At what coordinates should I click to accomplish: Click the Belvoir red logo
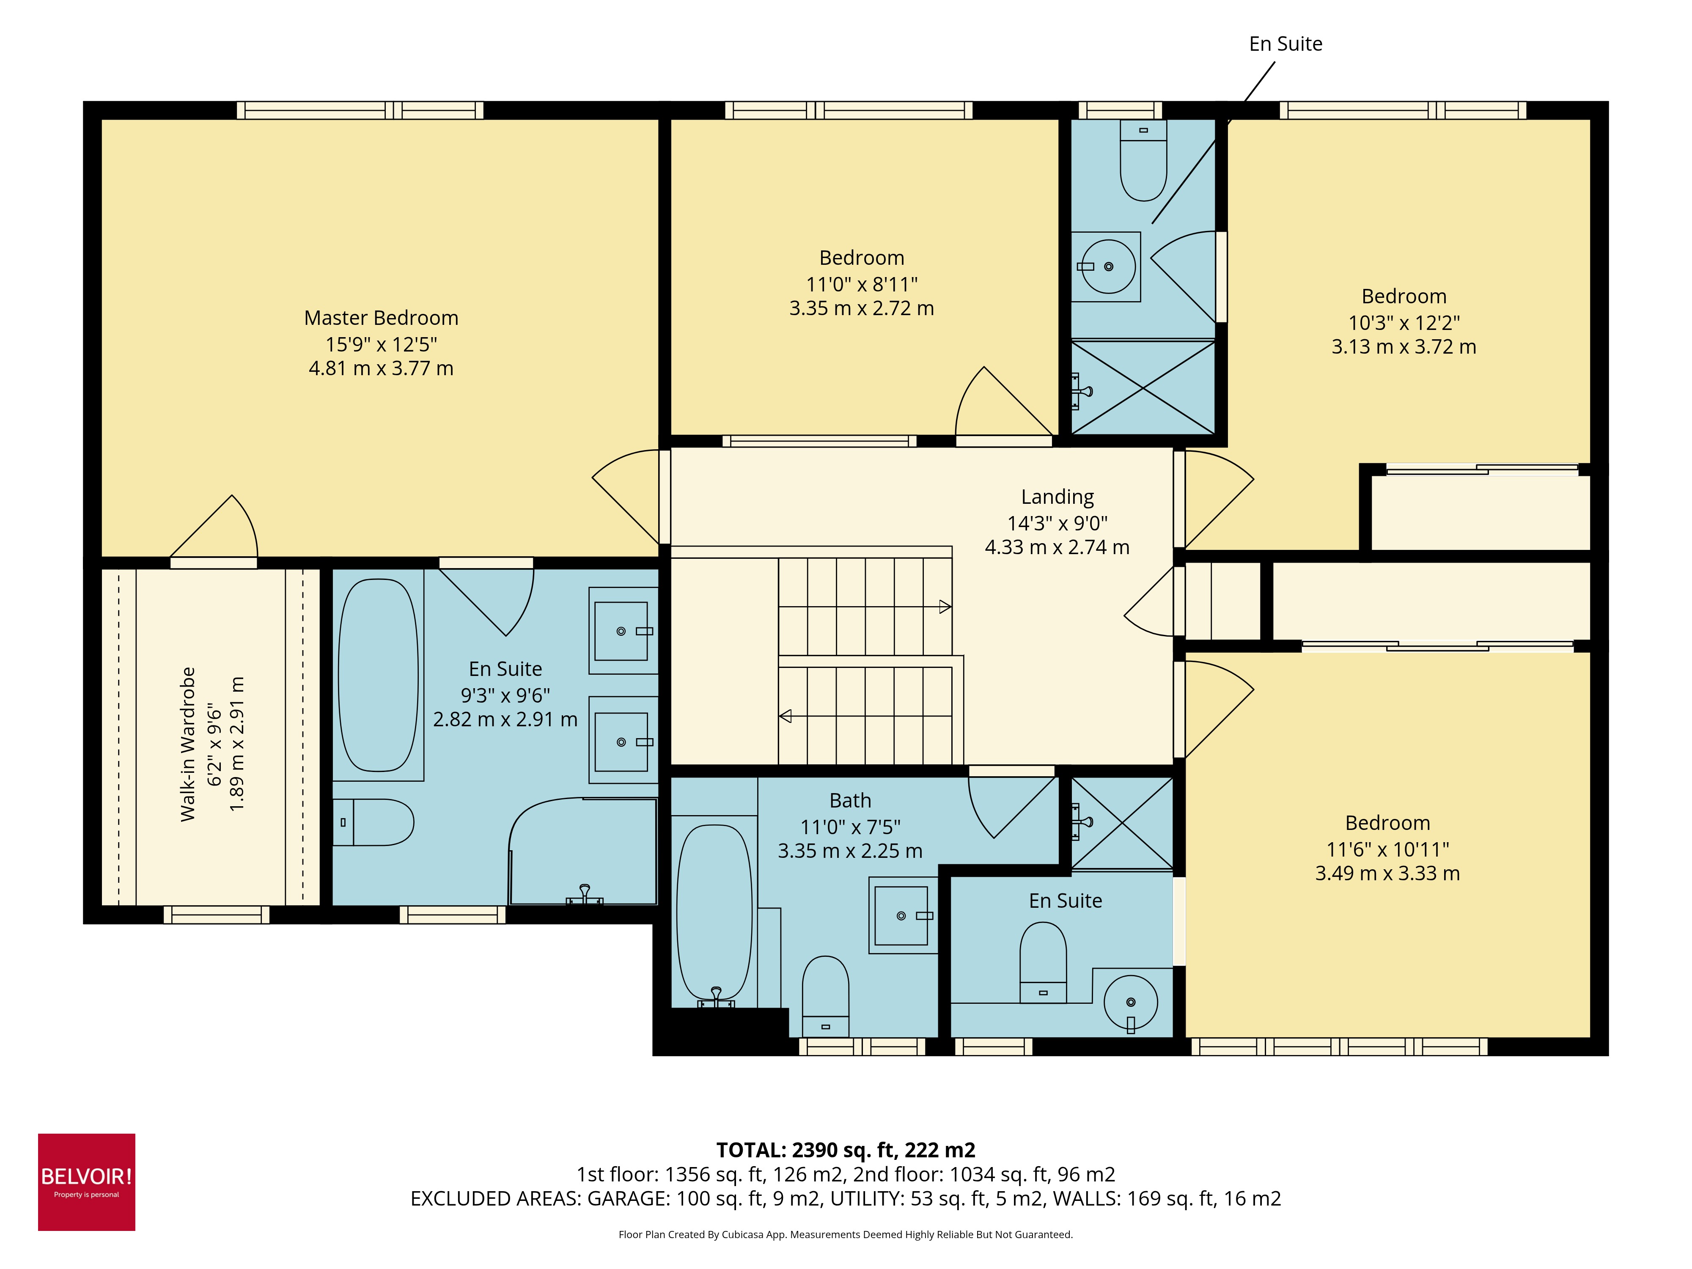[86, 1182]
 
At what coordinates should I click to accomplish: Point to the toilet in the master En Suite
[375, 822]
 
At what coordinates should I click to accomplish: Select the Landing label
[1057, 497]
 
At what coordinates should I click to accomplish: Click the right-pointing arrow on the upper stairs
[945, 607]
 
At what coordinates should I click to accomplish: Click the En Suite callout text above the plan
[1285, 44]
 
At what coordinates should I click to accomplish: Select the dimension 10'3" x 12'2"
[1404, 323]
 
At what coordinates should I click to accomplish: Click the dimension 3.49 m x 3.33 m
[1387, 873]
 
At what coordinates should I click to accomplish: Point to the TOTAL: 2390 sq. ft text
[845, 1150]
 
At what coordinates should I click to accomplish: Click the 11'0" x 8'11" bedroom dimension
[861, 285]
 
